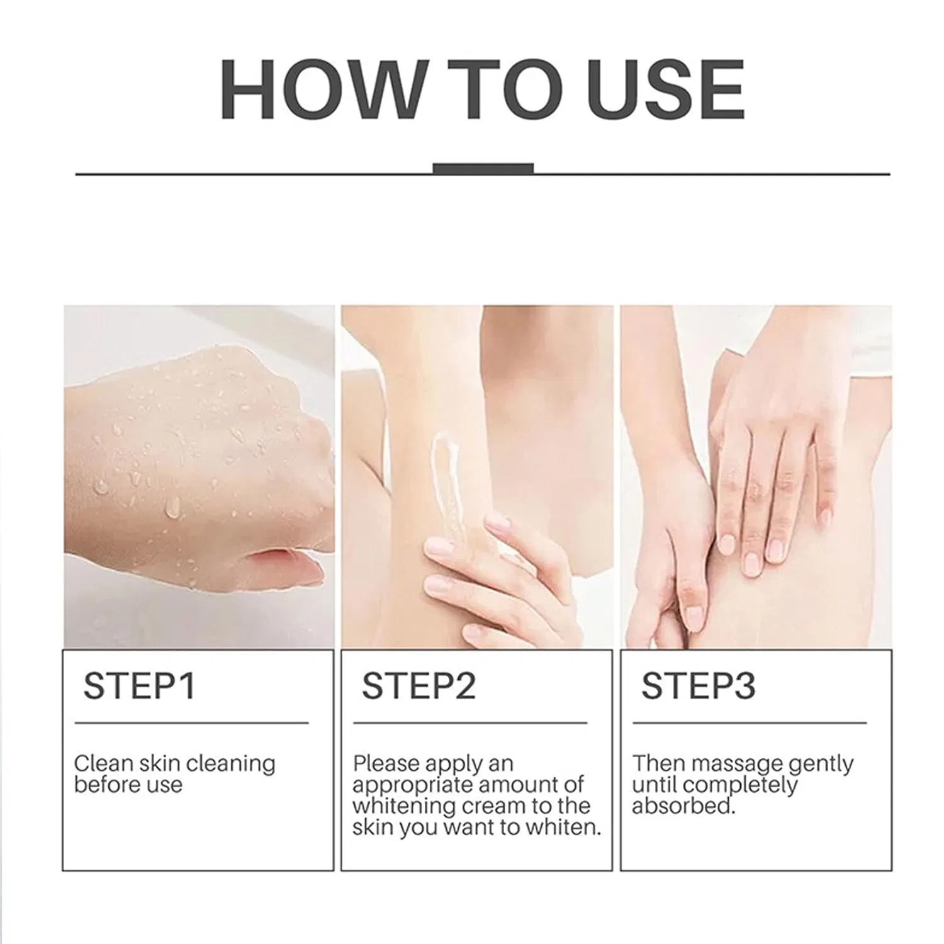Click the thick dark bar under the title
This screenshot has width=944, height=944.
[483, 168]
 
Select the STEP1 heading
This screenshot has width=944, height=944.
[139, 685]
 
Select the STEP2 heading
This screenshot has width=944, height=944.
[419, 685]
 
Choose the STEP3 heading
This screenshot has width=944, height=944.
[698, 685]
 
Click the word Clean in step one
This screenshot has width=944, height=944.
[103, 763]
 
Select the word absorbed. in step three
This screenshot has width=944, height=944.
[683, 806]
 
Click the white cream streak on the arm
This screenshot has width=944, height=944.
[444, 485]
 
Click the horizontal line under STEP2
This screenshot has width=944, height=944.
[470, 723]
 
